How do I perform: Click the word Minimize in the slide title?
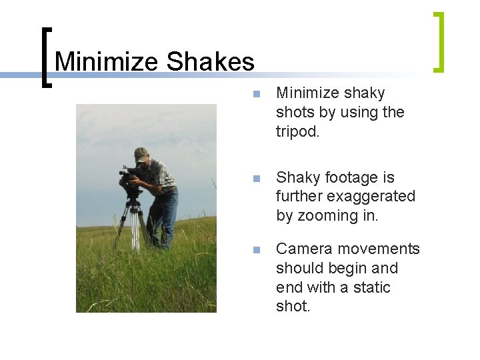[107, 62]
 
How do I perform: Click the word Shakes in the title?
[210, 62]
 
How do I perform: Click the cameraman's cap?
[140, 153]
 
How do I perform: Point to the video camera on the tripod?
[129, 179]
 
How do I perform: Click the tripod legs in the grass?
[133, 227]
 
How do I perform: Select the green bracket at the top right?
[438, 41]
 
